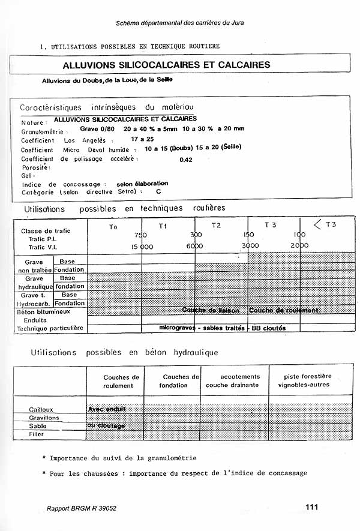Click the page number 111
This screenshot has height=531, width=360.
[311, 507]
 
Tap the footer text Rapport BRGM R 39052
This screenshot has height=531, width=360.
[82, 508]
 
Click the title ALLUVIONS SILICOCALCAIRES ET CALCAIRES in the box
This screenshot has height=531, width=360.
[167, 65]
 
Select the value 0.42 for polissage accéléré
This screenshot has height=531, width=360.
[186, 160]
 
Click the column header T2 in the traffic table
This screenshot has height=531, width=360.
[216, 226]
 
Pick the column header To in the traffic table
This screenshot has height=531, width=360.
[113, 227]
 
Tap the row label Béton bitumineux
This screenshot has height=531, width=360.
[44, 312]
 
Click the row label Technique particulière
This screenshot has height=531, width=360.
[49, 329]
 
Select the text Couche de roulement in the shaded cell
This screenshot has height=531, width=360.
[283, 310]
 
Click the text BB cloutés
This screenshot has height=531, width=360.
[268, 328]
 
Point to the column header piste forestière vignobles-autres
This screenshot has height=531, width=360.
[308, 380]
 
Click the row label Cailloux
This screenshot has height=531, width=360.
[41, 409]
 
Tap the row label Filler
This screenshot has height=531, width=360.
[37, 434]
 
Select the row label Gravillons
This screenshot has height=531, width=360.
[44, 418]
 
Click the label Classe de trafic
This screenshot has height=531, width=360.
[46, 231]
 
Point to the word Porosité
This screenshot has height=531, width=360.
[35, 167]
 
